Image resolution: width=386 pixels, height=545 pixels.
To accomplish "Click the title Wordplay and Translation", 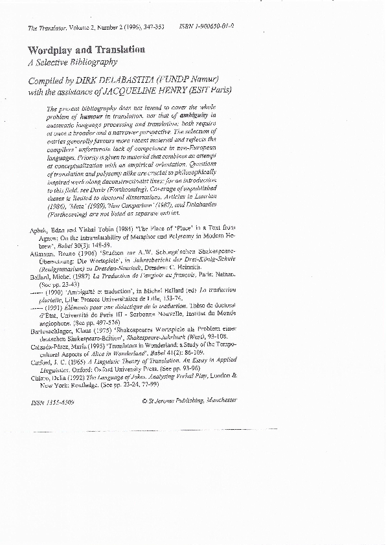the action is coord(85,50).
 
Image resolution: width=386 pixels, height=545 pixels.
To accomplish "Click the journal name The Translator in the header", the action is coord(46,27).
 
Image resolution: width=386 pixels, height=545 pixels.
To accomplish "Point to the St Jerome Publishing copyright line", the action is coord(189,419).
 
